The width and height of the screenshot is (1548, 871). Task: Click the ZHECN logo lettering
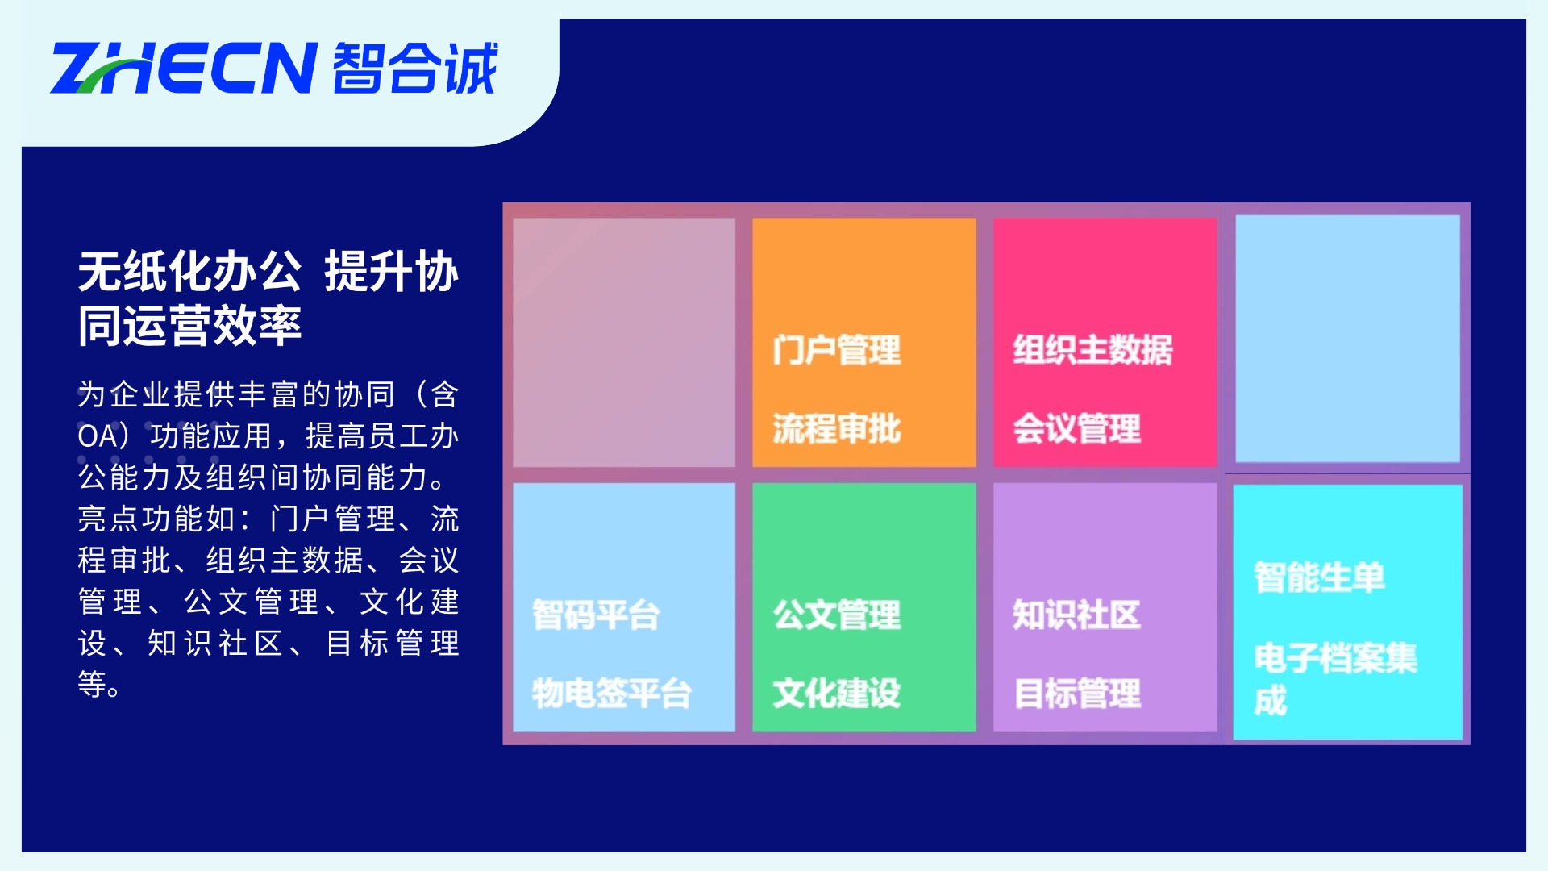(x=183, y=68)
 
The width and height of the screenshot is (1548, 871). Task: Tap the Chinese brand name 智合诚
(x=415, y=68)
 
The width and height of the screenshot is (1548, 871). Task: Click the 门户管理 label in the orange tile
(x=836, y=350)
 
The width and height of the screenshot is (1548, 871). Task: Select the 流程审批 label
(x=836, y=428)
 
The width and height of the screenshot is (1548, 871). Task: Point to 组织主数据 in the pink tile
(x=1092, y=350)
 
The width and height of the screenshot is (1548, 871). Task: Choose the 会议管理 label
(x=1076, y=428)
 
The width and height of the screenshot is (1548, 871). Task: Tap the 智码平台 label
(x=596, y=615)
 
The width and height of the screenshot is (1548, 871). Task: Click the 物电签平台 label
(x=612, y=694)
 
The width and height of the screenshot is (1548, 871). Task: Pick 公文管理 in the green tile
(x=836, y=615)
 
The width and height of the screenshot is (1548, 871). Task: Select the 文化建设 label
(x=836, y=694)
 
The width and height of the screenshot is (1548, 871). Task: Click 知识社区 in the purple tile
(x=1076, y=615)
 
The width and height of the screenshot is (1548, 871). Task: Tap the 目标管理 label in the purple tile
(x=1076, y=694)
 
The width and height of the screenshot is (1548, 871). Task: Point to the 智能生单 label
(x=1319, y=577)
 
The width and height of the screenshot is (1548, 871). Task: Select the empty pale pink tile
(x=624, y=342)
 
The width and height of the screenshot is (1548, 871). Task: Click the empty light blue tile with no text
(x=1347, y=339)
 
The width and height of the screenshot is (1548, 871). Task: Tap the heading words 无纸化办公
(x=189, y=271)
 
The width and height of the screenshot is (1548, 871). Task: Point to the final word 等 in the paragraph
(x=92, y=685)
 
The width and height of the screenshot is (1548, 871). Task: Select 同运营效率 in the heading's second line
(x=189, y=326)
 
